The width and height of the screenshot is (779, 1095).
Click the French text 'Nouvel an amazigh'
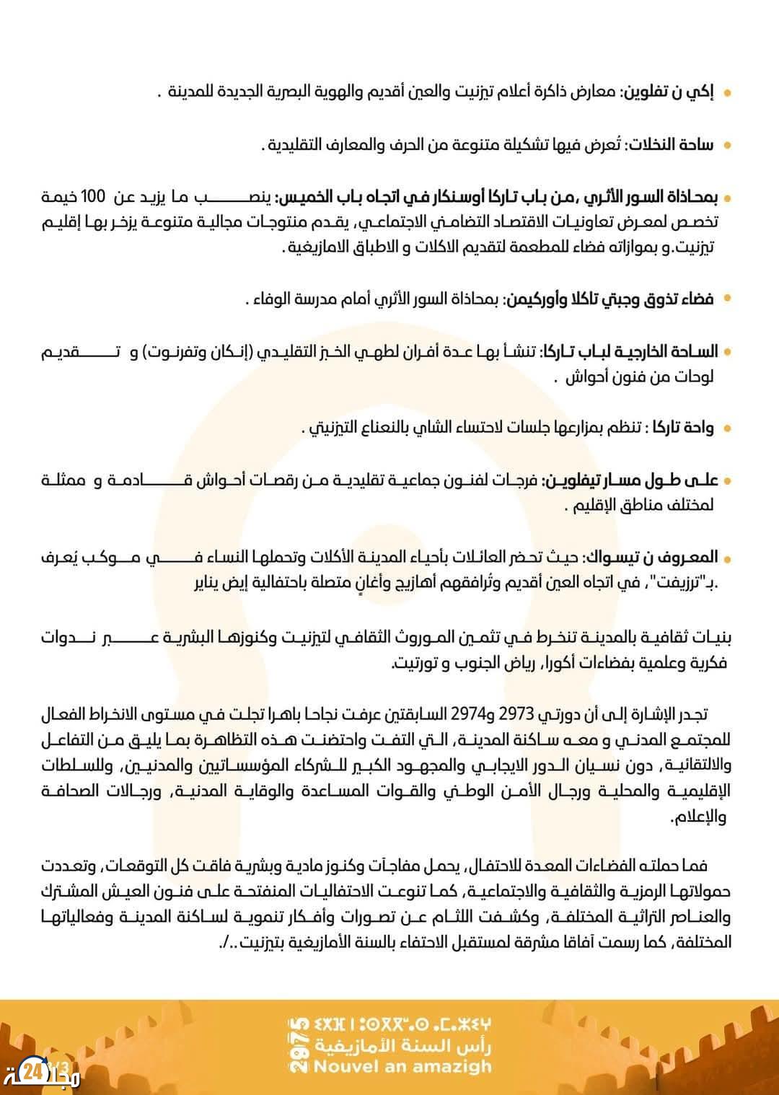[402, 1066]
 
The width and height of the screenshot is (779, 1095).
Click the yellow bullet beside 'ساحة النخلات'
[726, 146]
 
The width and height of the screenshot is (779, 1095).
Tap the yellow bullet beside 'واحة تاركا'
[726, 428]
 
